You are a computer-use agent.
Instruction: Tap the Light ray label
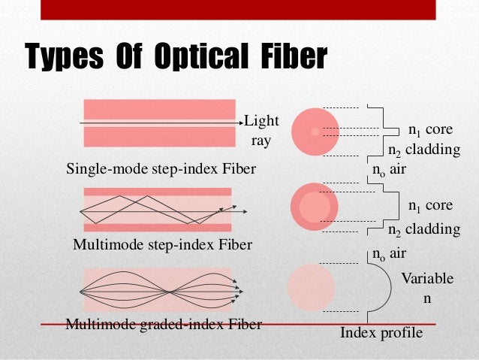tap(261, 130)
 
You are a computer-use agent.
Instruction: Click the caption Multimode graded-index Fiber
tap(164, 325)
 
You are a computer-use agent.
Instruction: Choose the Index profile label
tap(381, 332)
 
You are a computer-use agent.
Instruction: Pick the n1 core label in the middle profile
tap(430, 204)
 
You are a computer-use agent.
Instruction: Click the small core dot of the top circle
tap(315, 132)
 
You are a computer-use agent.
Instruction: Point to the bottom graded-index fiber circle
tap(312, 286)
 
